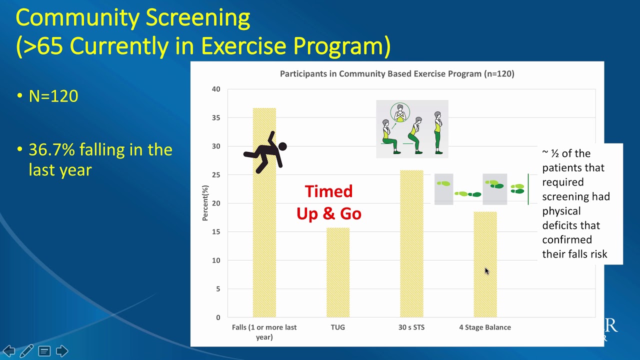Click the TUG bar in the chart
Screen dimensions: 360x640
338,272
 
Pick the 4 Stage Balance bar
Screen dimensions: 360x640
485,264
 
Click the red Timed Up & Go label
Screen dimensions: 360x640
329,202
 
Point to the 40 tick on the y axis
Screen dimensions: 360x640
215,89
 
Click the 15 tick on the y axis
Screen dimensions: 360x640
215,232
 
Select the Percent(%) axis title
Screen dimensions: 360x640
205,203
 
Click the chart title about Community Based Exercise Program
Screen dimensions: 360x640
397,74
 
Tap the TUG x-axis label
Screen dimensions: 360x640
338,327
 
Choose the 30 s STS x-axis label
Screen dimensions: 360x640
411,327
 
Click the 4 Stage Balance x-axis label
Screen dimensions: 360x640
485,327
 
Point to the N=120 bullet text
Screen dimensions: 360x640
53,96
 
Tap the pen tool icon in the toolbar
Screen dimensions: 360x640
26,351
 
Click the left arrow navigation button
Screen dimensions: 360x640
8,351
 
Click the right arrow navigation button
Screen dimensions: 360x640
62,351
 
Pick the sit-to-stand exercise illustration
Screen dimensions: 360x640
412,129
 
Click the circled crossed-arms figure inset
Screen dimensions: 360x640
399,113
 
